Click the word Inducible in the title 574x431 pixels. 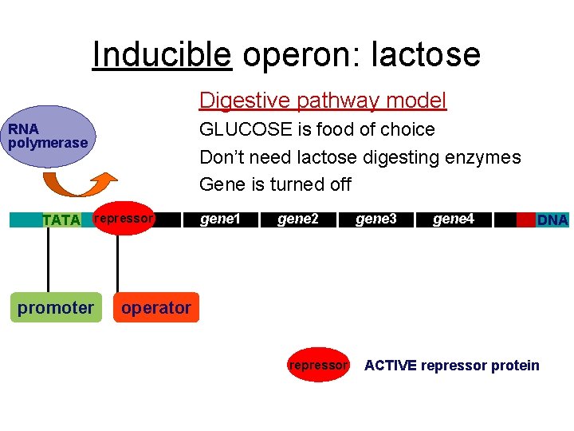point(162,54)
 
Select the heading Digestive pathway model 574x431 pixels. point(323,101)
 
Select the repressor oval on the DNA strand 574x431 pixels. point(124,219)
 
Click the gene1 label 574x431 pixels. point(219,219)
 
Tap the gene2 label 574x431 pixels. point(297,219)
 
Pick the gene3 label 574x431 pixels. point(375,219)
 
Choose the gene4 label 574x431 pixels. point(453,219)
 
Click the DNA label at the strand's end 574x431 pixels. point(552,219)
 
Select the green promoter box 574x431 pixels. point(56,307)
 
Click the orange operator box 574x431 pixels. point(156,307)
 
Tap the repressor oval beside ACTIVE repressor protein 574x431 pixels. point(318,366)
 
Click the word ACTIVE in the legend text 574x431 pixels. point(390,366)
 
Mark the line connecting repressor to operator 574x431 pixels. point(117,263)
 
